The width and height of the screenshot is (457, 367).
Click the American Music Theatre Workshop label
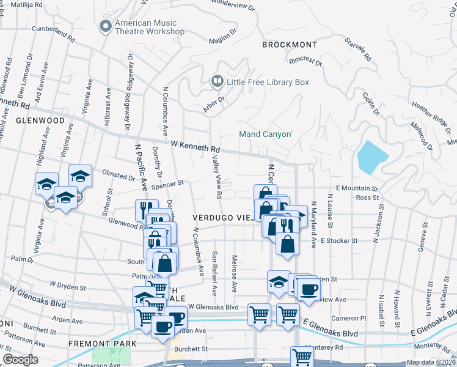(149, 28)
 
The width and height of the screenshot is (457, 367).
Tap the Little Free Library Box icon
(216, 81)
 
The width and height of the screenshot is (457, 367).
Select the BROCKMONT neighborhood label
(290, 45)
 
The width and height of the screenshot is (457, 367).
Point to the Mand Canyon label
(265, 134)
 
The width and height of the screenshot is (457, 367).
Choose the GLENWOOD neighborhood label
(40, 120)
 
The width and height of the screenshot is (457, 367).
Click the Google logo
(20, 360)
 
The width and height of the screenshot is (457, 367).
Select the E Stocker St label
(338, 241)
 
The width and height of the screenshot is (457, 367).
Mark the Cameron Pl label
(348, 318)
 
